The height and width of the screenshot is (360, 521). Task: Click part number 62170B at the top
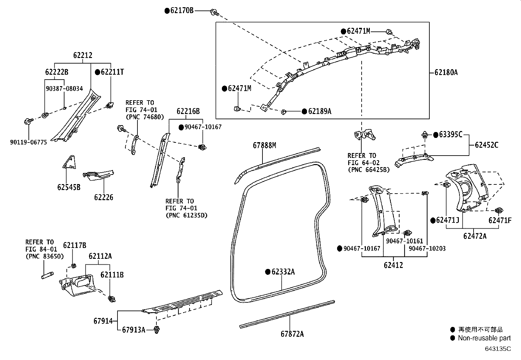[x=182, y=10]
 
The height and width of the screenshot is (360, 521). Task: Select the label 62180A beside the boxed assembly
[x=446, y=72]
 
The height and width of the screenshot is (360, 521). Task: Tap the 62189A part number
[x=319, y=111]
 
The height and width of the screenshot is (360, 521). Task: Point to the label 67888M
[x=264, y=145]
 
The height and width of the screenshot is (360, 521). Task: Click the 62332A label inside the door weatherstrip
[x=283, y=272]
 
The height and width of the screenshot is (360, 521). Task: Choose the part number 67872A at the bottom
[x=292, y=334]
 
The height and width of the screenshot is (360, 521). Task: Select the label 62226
[x=104, y=197]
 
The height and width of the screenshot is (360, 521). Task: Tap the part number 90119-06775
[x=28, y=142]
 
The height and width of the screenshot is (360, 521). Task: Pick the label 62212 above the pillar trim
[x=82, y=55]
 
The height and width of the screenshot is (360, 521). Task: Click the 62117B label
[x=75, y=245]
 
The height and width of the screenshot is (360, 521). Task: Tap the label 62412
[x=393, y=265]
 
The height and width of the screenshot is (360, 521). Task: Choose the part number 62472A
[x=475, y=236]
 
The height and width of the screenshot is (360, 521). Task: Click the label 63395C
[x=450, y=135]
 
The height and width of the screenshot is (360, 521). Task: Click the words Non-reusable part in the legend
[x=484, y=338]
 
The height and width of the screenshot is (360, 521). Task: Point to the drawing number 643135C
[x=497, y=349]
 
